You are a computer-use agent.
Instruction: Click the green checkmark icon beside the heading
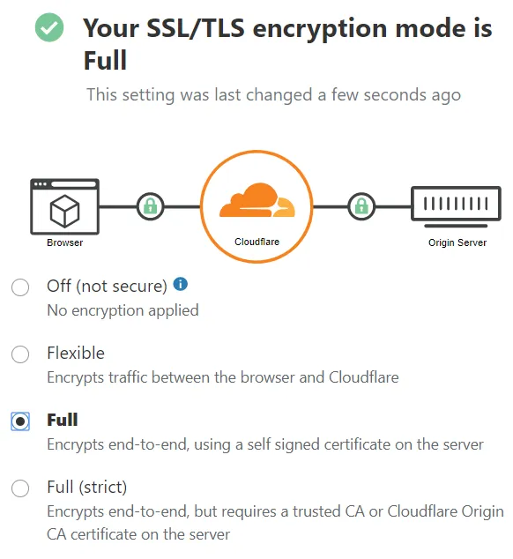49,27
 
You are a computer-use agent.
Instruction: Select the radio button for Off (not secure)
20,287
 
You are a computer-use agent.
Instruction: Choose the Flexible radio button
20,354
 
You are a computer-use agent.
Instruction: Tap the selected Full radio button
20,421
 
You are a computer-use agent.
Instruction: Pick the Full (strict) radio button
20,488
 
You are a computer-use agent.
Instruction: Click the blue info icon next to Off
181,284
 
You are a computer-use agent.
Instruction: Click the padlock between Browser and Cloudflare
151,206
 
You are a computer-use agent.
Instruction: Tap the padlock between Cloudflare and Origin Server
361,206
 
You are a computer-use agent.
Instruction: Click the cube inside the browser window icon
64,211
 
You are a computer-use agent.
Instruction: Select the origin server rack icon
456,206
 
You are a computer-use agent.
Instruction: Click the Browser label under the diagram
65,242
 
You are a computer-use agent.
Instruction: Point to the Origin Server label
457,242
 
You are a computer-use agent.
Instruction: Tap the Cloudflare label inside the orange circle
257,242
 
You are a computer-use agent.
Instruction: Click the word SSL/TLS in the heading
196,28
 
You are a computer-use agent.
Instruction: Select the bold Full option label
63,420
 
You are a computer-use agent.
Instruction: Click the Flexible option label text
76,353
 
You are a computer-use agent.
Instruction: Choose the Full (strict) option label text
87,488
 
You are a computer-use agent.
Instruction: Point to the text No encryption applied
123,310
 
